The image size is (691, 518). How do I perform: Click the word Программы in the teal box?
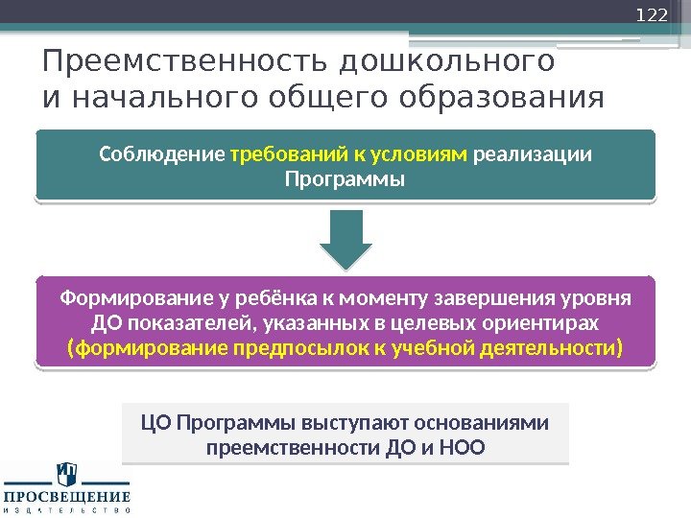tap(345, 179)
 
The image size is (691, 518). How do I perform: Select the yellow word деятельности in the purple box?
tap(546, 346)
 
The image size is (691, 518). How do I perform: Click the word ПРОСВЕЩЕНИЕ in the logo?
tap(67, 497)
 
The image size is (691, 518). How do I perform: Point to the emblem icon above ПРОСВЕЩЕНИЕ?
tap(67, 473)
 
